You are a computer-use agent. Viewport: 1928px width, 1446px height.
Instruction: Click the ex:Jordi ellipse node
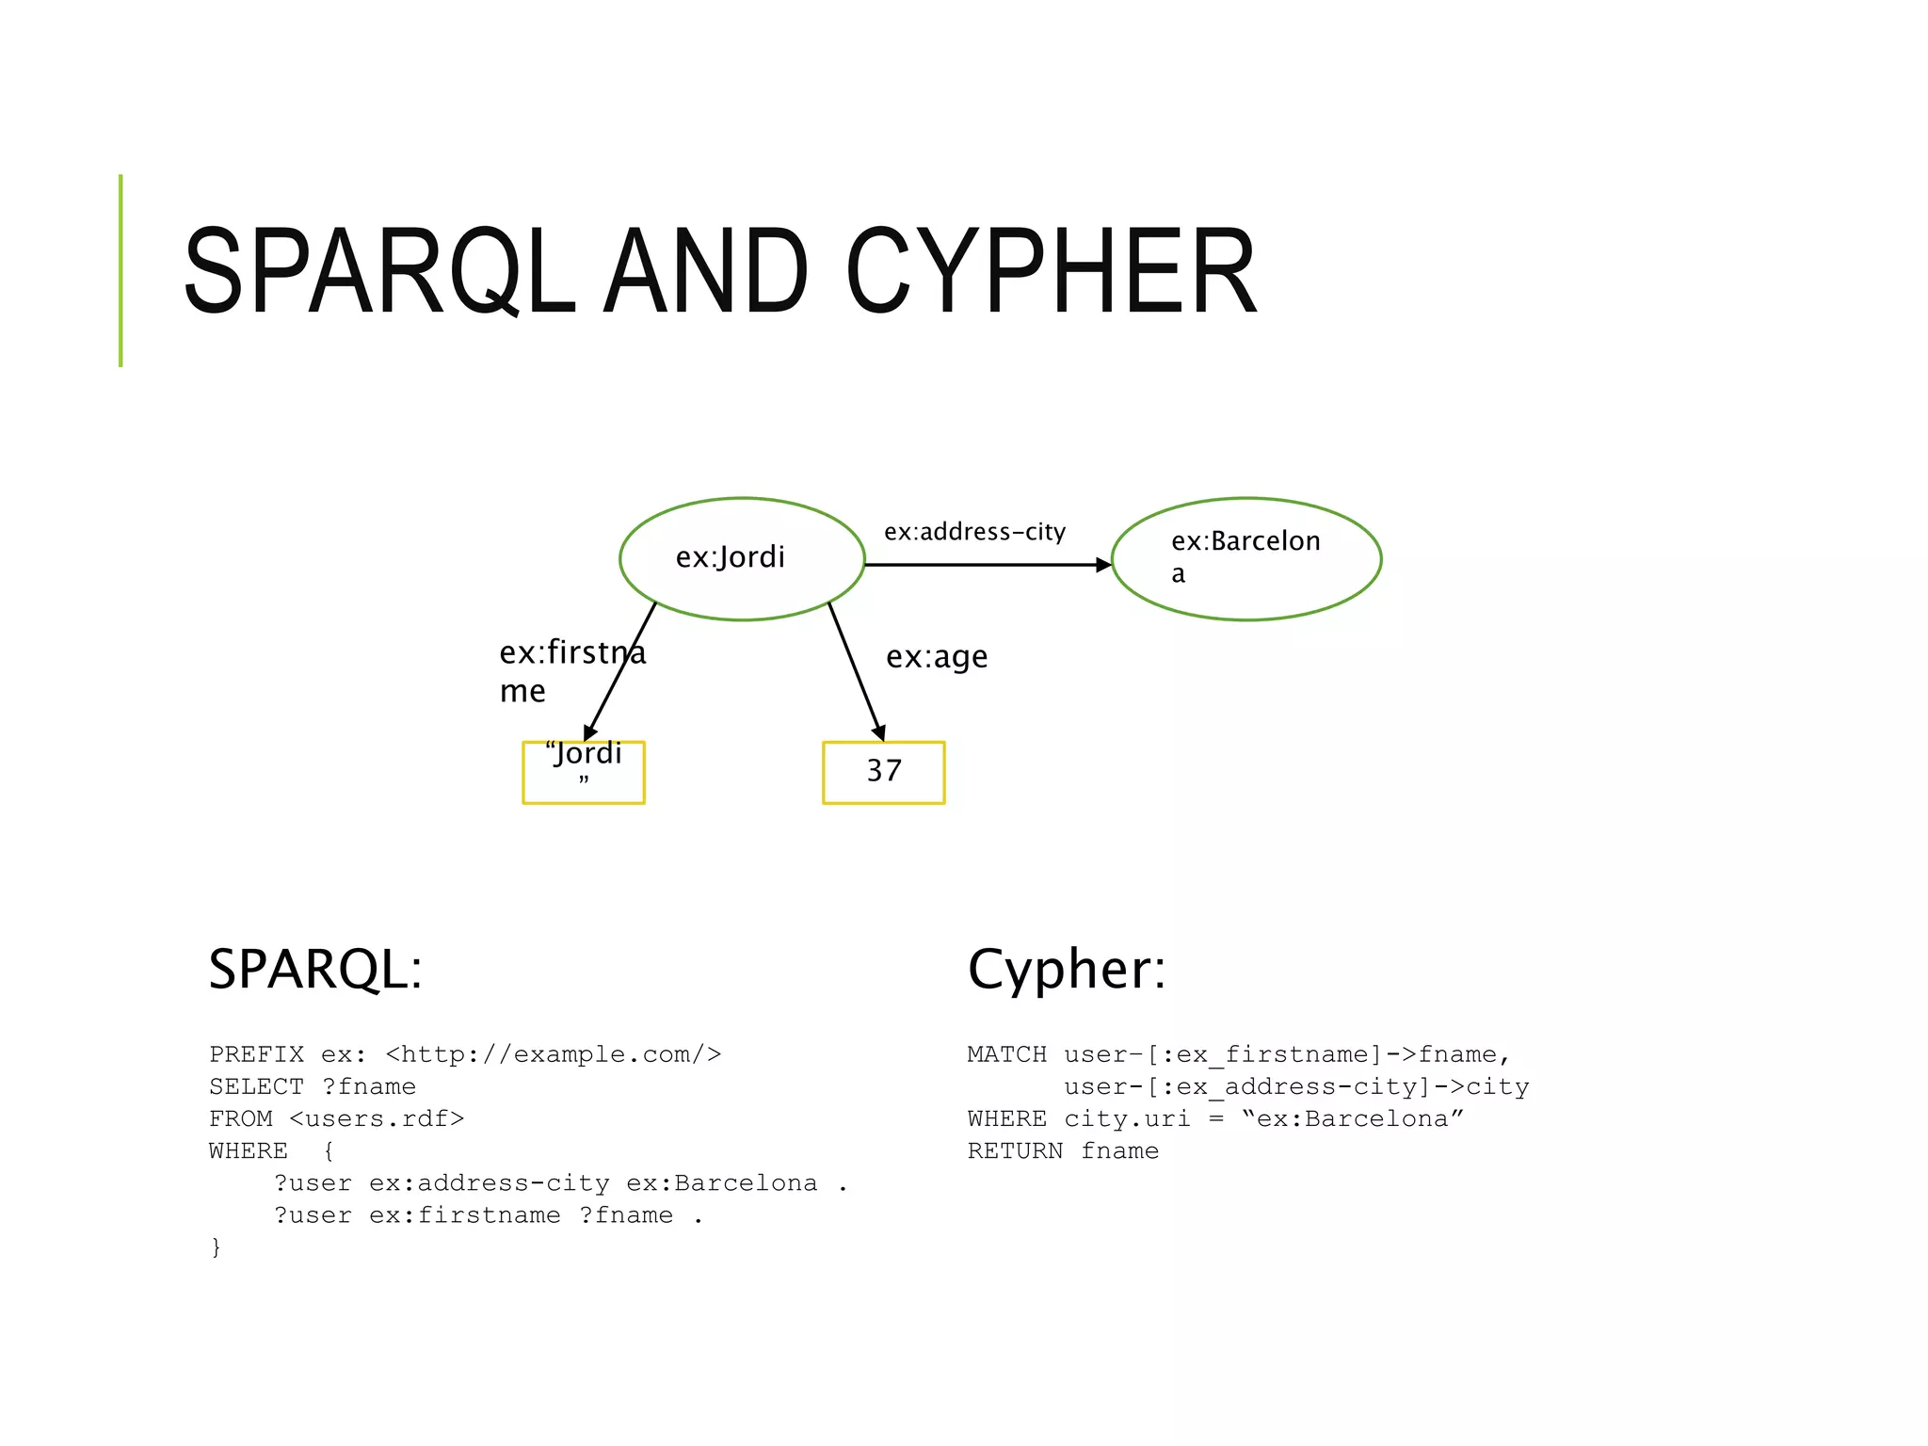coord(742,558)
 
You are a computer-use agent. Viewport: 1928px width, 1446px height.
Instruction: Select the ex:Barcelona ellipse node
coord(1245,558)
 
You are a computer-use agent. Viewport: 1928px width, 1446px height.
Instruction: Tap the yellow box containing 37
coord(883,772)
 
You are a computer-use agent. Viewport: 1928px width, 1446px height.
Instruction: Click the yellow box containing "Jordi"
coord(583,772)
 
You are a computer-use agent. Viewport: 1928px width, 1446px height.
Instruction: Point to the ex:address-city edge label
coord(974,532)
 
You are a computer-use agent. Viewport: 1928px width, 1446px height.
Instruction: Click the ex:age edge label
coord(937,656)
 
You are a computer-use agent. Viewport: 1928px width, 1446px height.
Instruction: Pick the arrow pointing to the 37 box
coord(856,671)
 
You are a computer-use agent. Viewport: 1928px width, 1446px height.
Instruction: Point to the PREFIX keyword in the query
coord(256,1054)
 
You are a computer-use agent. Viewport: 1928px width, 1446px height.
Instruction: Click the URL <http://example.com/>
coord(554,1054)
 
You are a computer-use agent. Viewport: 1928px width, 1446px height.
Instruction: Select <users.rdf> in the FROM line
coord(377,1118)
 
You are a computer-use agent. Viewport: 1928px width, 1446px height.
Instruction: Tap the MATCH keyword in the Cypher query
coord(1006,1054)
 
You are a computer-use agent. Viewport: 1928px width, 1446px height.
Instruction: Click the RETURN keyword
coord(1015,1150)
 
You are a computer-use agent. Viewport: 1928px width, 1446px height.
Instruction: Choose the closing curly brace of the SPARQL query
coord(217,1247)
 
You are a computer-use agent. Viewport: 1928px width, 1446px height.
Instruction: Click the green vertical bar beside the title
coord(120,271)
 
